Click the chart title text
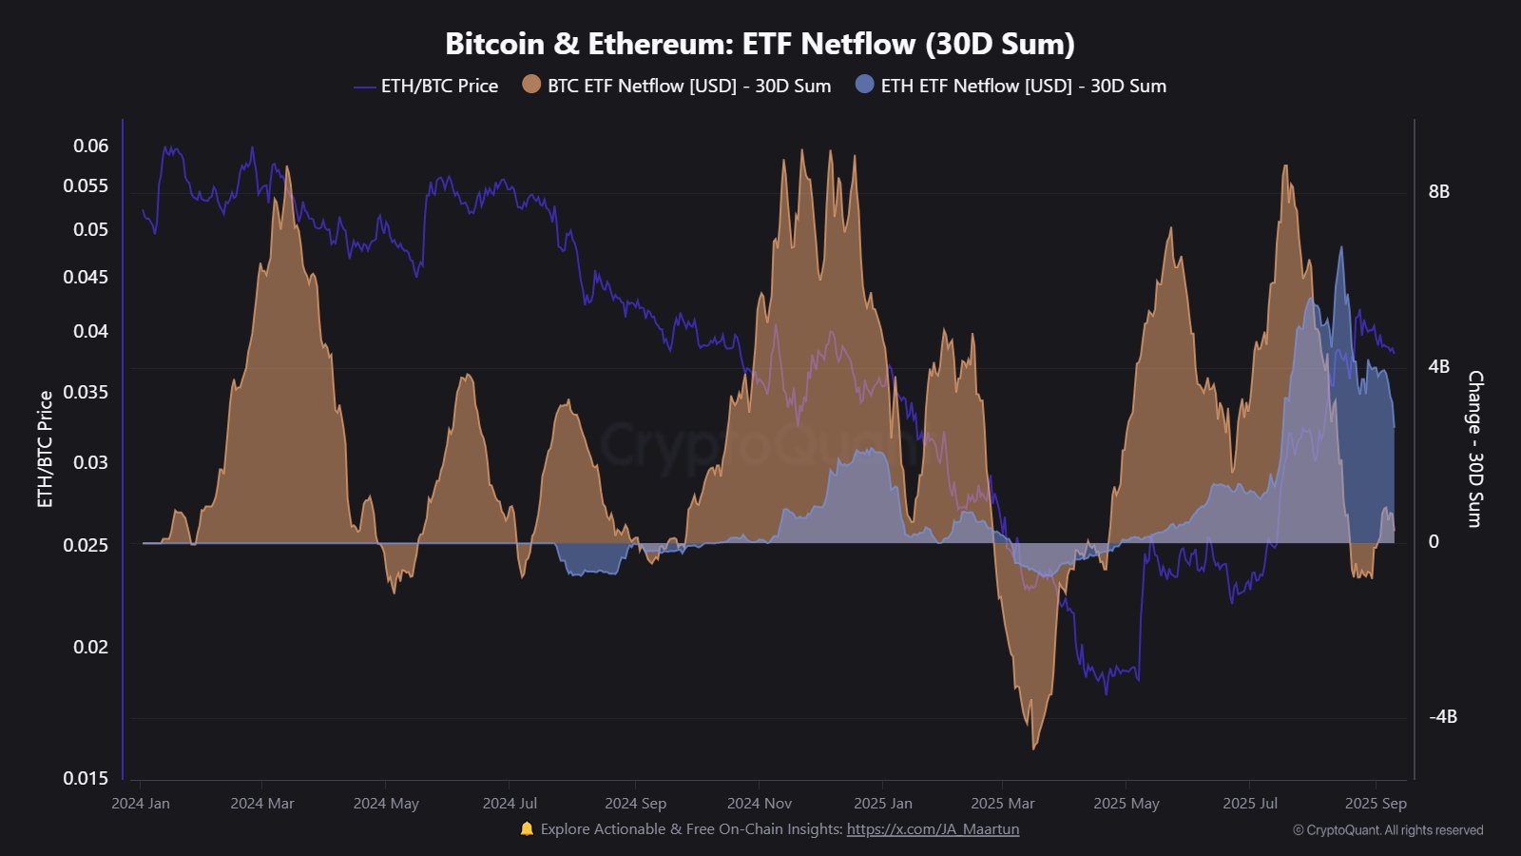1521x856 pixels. click(x=760, y=44)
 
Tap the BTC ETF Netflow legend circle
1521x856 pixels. click(x=531, y=85)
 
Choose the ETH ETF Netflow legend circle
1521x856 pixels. click(x=864, y=85)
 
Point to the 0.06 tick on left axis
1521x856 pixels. click(x=91, y=146)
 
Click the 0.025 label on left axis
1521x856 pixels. click(x=86, y=545)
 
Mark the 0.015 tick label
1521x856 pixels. click(x=86, y=778)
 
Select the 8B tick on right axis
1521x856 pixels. click(x=1439, y=191)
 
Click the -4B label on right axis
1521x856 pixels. click(x=1442, y=716)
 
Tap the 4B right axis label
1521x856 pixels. click(x=1439, y=366)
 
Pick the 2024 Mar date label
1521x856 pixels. click(x=262, y=804)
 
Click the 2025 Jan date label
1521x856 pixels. click(x=883, y=804)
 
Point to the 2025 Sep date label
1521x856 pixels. click(x=1376, y=804)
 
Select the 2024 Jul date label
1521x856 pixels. click(x=510, y=804)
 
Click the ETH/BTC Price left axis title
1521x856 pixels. click(x=45, y=449)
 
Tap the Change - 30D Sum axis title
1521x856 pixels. click(x=1474, y=449)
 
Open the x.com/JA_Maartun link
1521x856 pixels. click(x=933, y=829)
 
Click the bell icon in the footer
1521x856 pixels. click(x=527, y=829)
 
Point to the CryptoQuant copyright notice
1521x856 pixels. click(x=1388, y=830)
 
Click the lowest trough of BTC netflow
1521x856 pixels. click(x=1034, y=748)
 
